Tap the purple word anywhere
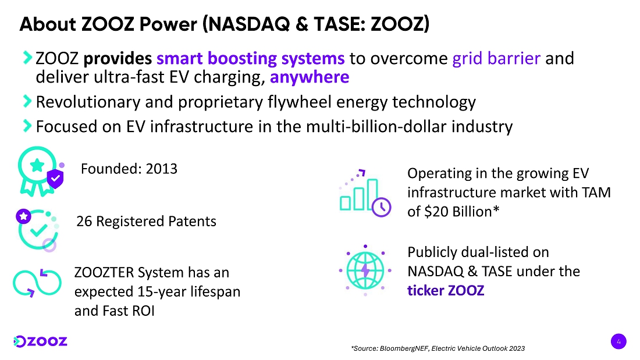pos(310,77)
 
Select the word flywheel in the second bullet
pos(299,102)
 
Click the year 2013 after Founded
pos(162,169)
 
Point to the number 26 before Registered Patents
pos(84,221)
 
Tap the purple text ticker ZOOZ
pos(446,291)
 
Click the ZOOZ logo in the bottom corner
pos(40,341)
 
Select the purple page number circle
pos(618,341)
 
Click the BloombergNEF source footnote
pos(438,348)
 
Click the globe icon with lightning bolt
pos(365,270)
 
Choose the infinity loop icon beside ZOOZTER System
pos(37,283)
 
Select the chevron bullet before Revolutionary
pos(27,101)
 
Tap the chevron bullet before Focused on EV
pos(27,126)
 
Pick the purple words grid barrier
pos(496,58)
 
